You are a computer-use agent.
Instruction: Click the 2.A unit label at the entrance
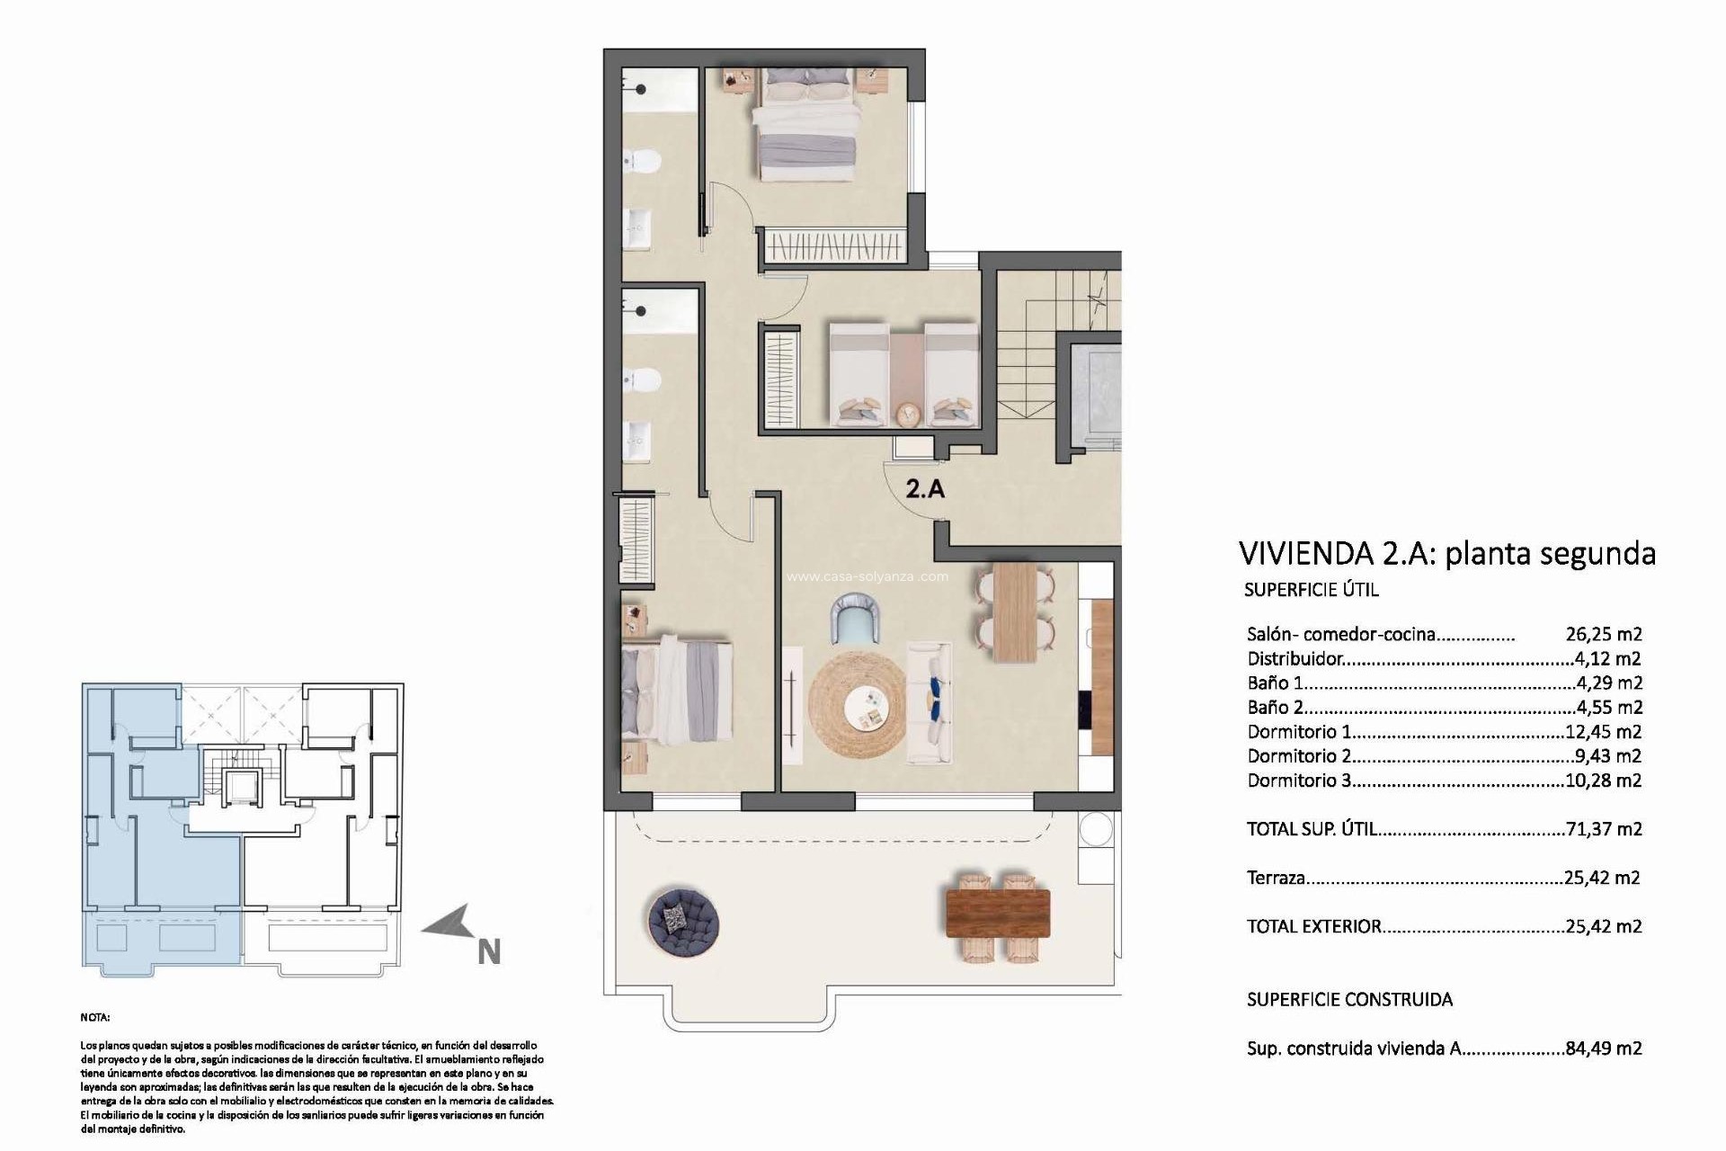coord(925,489)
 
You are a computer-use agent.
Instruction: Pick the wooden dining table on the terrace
coord(998,913)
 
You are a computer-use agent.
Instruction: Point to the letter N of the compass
coord(488,952)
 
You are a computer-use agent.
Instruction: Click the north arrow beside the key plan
coord(449,923)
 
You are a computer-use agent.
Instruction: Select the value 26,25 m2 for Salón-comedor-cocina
coord(1603,634)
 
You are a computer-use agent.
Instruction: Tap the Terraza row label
coord(1276,878)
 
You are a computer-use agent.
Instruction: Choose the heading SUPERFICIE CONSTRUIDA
coord(1349,999)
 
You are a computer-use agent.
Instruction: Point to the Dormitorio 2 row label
coord(1299,756)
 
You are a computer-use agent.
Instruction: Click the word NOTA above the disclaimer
coord(95,1018)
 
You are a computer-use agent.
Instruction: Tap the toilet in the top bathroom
coord(645,161)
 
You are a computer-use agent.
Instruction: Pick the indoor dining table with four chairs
coord(1015,612)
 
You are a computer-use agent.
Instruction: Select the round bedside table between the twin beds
coord(907,414)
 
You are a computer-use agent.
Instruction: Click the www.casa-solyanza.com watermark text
coord(867,576)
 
